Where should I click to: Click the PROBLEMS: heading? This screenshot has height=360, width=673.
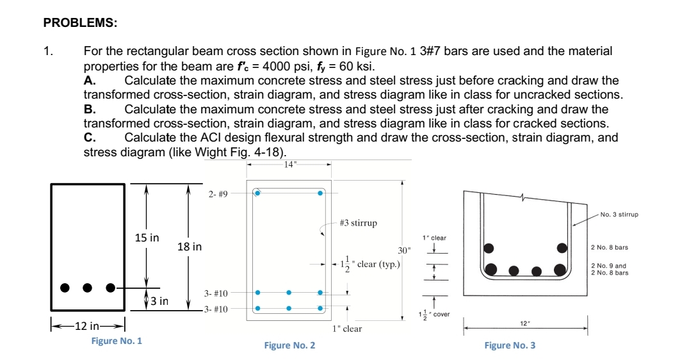[80, 23]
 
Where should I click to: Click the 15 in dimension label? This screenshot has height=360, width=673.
[147, 238]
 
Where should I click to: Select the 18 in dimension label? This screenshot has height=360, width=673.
[190, 247]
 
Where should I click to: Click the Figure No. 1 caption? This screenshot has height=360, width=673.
[117, 341]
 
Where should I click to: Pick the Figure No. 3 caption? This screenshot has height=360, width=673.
[510, 345]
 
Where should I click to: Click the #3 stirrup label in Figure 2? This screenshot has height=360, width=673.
[358, 223]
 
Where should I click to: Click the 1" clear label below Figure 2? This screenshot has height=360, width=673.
[347, 329]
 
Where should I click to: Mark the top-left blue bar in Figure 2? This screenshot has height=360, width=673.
[257, 193]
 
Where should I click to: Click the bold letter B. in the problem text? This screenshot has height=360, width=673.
[90, 109]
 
